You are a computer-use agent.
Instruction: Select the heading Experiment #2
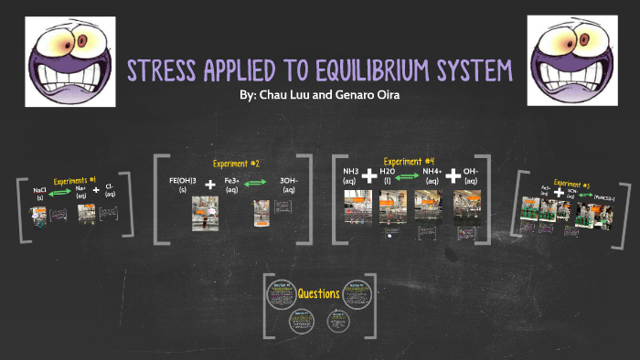pyautogui.click(x=236, y=164)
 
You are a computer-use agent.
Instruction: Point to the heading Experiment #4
pyautogui.click(x=409, y=162)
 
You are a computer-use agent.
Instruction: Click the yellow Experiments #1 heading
pyautogui.click(x=74, y=181)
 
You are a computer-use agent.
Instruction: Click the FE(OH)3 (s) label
pyautogui.click(x=184, y=185)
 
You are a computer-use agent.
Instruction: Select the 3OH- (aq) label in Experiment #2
pyautogui.click(x=288, y=185)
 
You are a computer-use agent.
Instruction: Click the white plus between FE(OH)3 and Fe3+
pyautogui.click(x=211, y=185)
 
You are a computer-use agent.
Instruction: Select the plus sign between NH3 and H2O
pyautogui.click(x=369, y=175)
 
